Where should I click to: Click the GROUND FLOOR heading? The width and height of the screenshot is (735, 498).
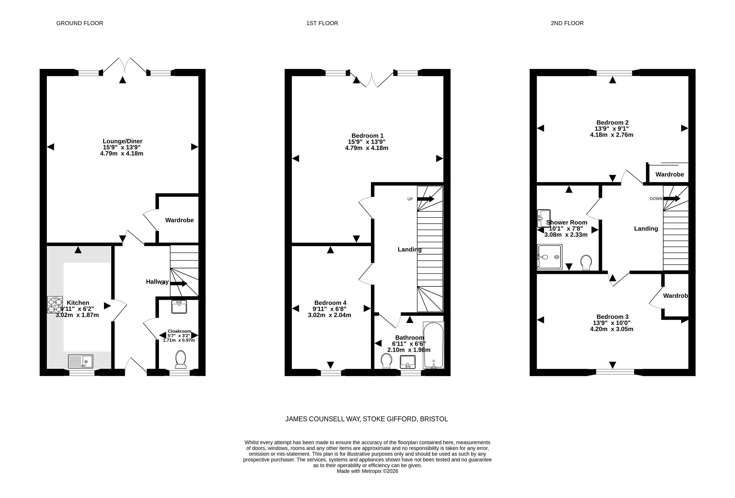click(x=80, y=23)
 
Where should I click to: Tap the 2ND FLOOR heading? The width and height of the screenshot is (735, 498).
click(x=567, y=23)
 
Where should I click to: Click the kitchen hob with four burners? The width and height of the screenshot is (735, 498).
click(x=55, y=305)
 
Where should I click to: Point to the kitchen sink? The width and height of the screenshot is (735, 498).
click(x=81, y=361)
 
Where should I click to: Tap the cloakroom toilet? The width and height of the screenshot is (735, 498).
click(x=181, y=359)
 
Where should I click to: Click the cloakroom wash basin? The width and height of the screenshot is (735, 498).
click(x=179, y=307)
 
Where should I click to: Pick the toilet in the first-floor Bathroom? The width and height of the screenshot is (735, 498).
click(x=386, y=361)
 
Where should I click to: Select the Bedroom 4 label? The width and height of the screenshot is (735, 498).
click(x=330, y=303)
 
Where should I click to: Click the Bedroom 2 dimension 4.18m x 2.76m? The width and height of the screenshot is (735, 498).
click(x=612, y=135)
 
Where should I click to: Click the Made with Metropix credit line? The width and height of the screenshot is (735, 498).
click(x=367, y=471)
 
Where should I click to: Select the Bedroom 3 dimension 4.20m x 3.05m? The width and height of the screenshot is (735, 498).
click(x=612, y=329)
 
